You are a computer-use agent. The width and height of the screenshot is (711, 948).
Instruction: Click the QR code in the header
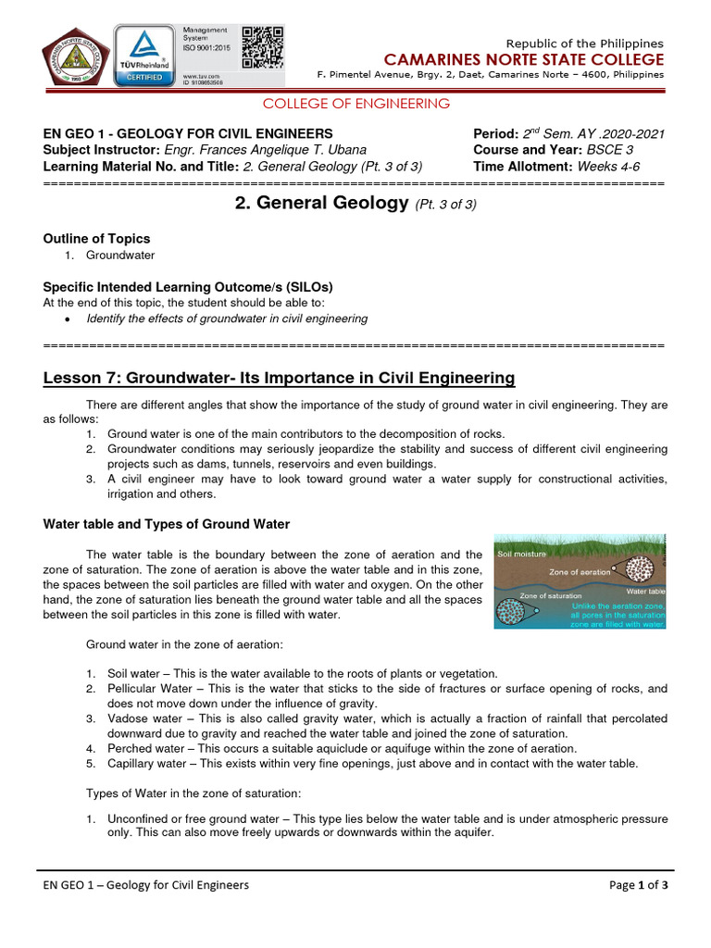262,47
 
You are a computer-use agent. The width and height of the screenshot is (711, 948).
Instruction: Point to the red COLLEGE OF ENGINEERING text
356,104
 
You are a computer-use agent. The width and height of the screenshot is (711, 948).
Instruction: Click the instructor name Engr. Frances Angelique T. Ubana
265,150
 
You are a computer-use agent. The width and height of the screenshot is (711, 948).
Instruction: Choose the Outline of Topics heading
97,238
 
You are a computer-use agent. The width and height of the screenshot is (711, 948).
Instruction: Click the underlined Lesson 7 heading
279,378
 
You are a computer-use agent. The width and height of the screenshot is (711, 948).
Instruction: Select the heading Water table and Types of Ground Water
167,524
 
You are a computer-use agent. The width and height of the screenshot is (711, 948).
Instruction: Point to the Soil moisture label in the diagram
522,555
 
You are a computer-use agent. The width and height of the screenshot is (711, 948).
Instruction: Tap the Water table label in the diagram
645,590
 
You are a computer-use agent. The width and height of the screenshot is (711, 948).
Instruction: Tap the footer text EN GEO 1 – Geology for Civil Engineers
146,884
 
